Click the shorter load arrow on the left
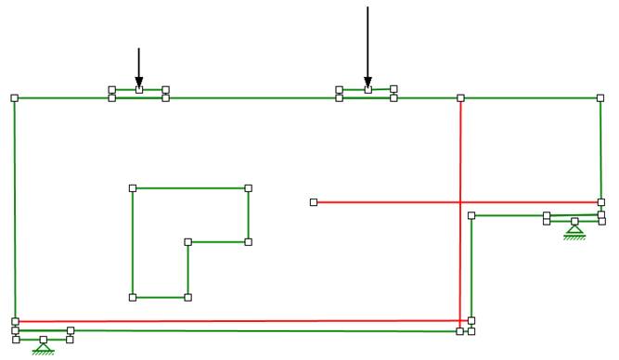click(138, 67)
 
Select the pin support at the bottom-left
click(43, 347)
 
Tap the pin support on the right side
click(575, 229)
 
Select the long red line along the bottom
click(232, 321)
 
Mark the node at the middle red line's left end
click(314, 202)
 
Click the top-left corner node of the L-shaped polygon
click(133, 188)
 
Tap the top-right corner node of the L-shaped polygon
click(248, 188)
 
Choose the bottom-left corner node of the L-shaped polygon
click(133, 298)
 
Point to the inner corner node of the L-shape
click(188, 242)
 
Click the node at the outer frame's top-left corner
click(14, 97)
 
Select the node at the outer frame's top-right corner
click(600, 97)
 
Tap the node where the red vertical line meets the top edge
click(460, 97)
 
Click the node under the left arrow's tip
click(139, 90)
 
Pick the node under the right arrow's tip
click(368, 90)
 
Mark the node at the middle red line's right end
click(600, 202)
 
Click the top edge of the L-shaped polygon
click(190, 188)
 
